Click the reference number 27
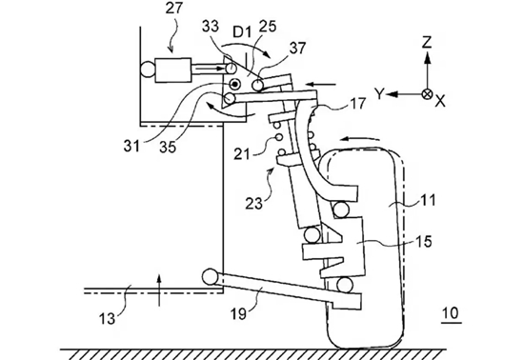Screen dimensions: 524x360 174,8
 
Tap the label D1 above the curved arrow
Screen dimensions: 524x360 243,32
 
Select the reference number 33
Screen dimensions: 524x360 211,27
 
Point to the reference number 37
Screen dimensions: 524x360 297,48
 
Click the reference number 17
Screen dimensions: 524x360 357,104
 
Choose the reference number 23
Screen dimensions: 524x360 254,203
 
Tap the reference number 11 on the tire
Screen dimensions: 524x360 428,200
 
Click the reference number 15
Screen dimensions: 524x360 424,241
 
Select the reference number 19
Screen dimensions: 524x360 238,313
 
